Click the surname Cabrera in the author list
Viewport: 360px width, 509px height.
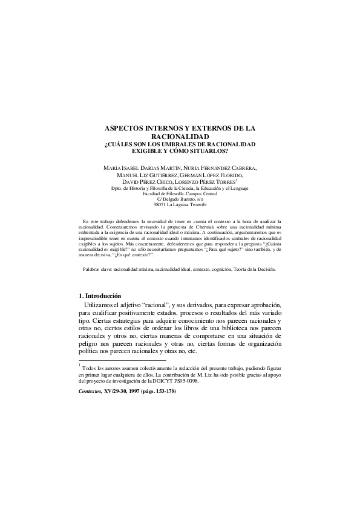tap(238, 166)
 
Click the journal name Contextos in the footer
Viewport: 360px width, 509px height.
tap(91, 392)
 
